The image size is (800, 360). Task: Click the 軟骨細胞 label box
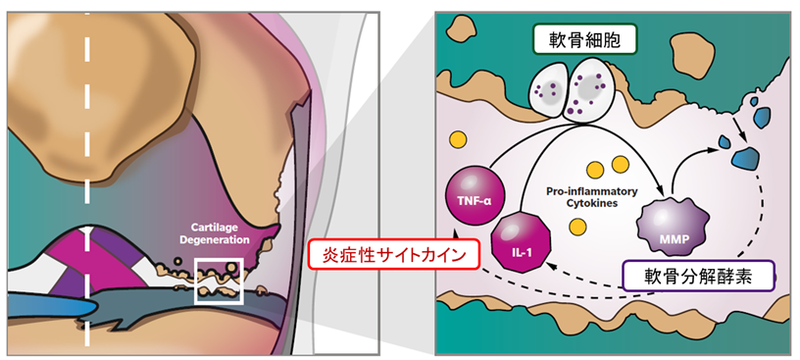pyautogui.click(x=584, y=39)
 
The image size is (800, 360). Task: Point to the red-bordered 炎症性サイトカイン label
pyautogui.click(x=394, y=255)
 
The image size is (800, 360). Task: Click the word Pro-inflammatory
pyautogui.click(x=591, y=192)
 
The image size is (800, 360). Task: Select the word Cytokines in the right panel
pyautogui.click(x=591, y=203)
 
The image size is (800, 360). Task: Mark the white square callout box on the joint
pyautogui.click(x=219, y=281)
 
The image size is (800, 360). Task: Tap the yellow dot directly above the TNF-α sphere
pyautogui.click(x=458, y=138)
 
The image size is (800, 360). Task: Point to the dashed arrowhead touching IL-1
pyautogui.click(x=550, y=265)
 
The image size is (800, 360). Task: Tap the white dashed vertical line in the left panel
pyautogui.click(x=86, y=180)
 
